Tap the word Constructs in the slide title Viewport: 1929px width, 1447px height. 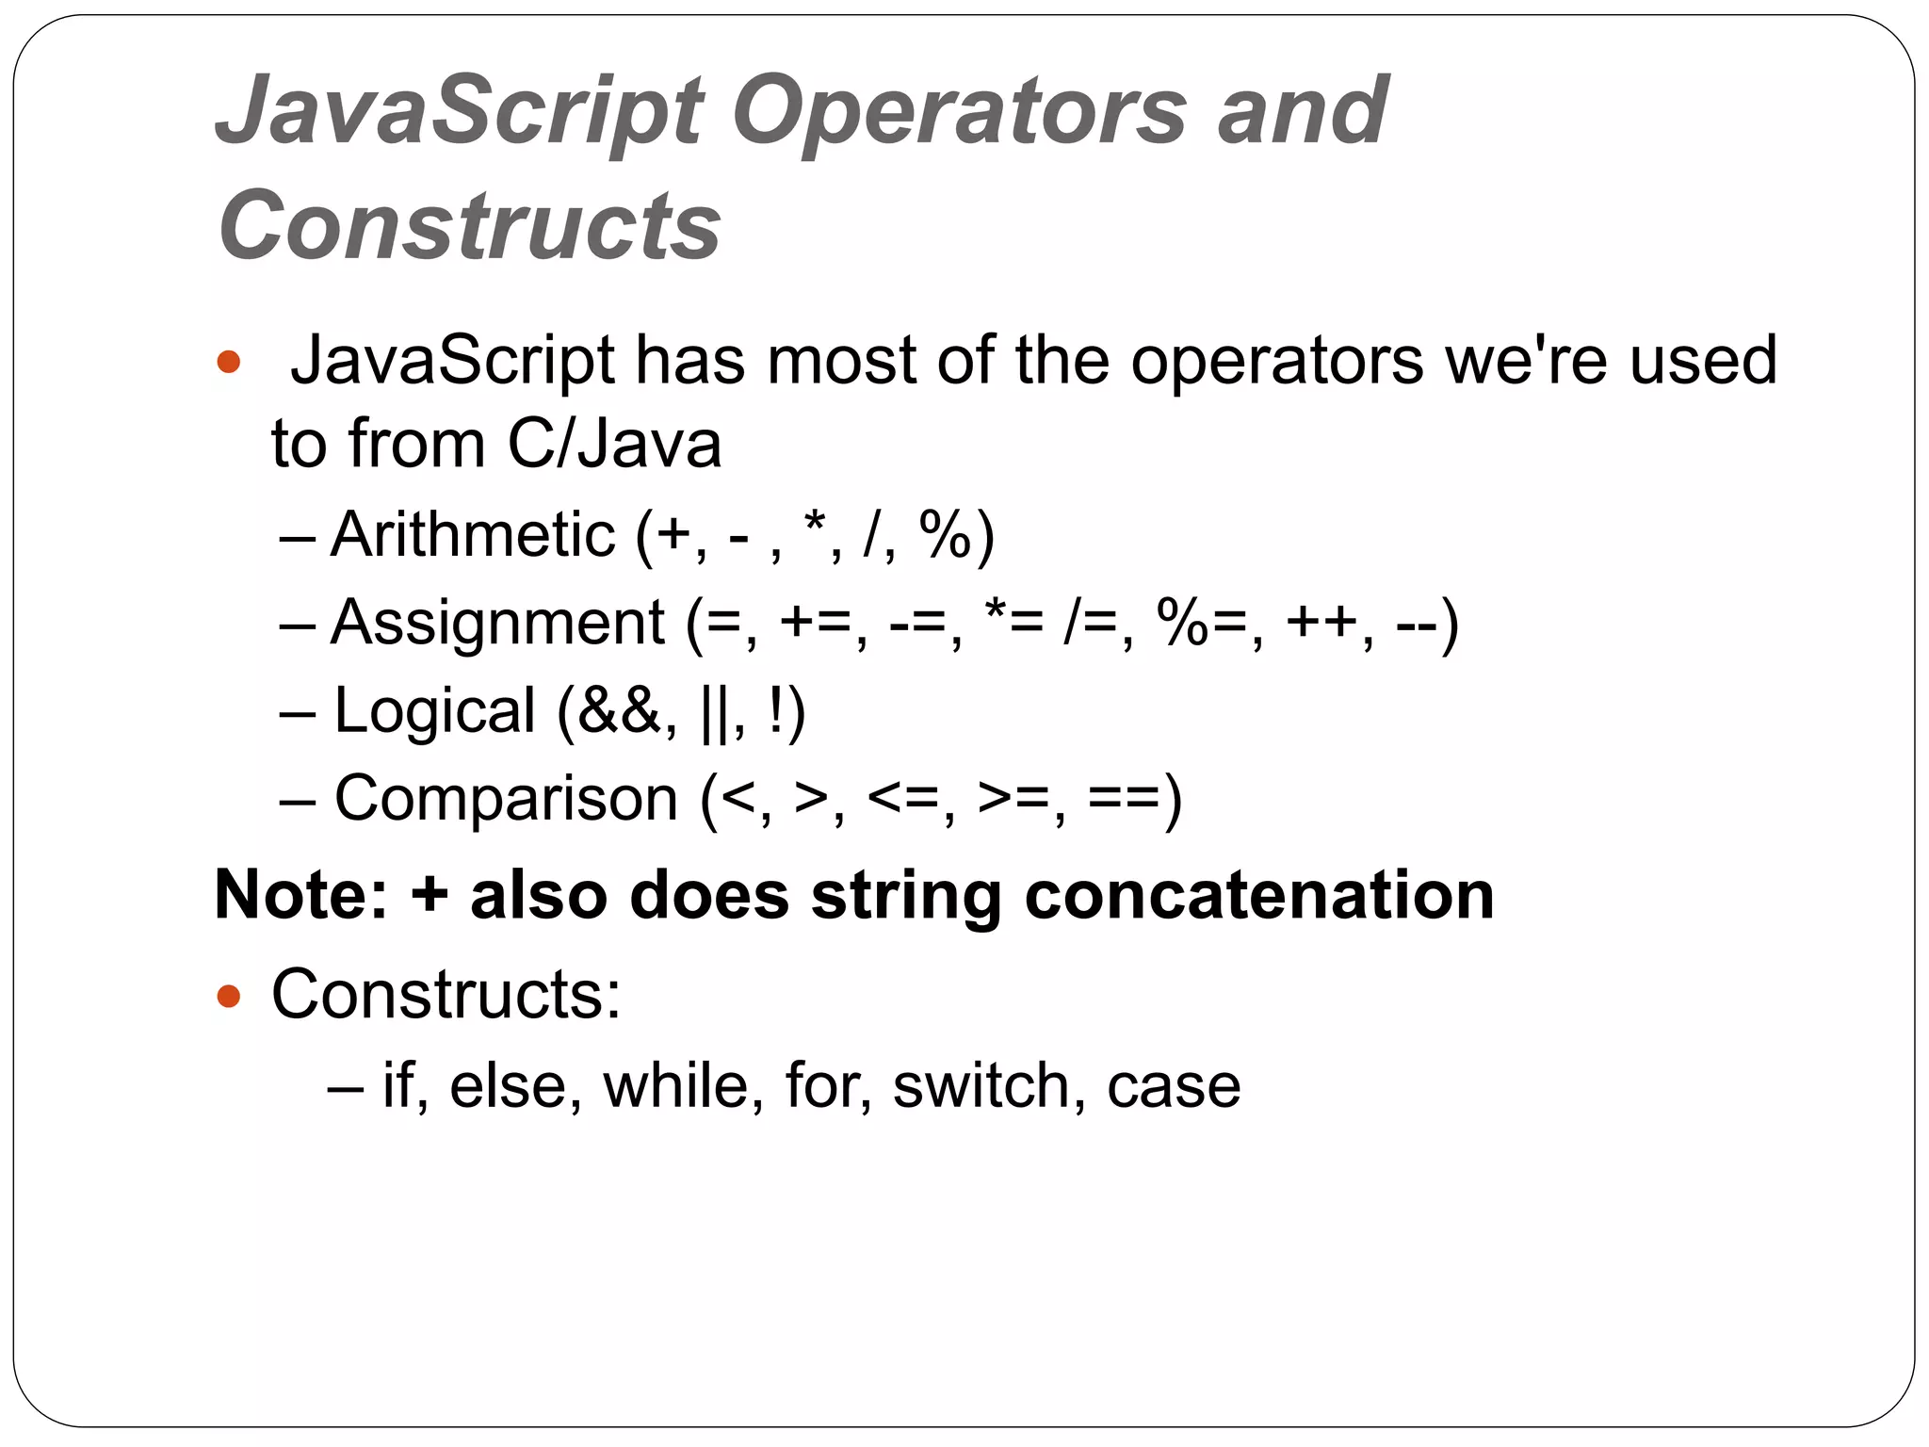(x=469, y=226)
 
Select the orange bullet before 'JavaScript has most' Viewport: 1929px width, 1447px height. (x=229, y=362)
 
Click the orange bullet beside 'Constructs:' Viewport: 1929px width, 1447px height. (x=229, y=995)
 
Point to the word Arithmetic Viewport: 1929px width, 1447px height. (x=472, y=535)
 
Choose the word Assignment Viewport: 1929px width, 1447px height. (x=497, y=623)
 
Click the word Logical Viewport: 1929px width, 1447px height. (x=434, y=710)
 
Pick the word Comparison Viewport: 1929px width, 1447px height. (x=506, y=799)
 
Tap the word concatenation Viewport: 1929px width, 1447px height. (x=1258, y=894)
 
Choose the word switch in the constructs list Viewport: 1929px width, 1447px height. (x=982, y=1085)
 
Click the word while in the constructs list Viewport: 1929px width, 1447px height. (x=676, y=1085)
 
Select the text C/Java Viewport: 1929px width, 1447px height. (x=614, y=445)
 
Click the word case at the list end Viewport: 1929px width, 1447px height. (x=1174, y=1085)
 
